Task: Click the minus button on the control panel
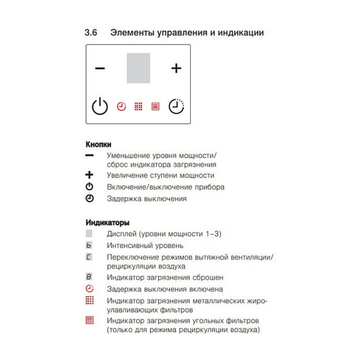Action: coord(100,68)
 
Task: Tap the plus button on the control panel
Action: coord(176,68)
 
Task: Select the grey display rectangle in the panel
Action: coord(138,68)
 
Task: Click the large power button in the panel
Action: coord(100,107)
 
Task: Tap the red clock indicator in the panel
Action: coord(122,107)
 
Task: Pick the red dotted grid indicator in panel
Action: coord(138,107)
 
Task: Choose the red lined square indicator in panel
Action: coord(155,107)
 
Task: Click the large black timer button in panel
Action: coord(176,107)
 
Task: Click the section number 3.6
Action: coord(91,33)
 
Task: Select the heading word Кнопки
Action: coord(98,145)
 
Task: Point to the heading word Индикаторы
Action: coord(108,222)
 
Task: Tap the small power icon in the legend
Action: coord(89,187)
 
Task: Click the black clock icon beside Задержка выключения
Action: coord(89,198)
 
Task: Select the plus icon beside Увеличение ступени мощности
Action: coord(89,175)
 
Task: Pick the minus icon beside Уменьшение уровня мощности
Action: coord(89,155)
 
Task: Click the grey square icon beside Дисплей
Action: coord(89,234)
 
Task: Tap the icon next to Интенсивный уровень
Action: coord(89,246)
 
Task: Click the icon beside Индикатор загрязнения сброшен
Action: coord(89,277)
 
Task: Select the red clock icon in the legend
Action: coord(89,289)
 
